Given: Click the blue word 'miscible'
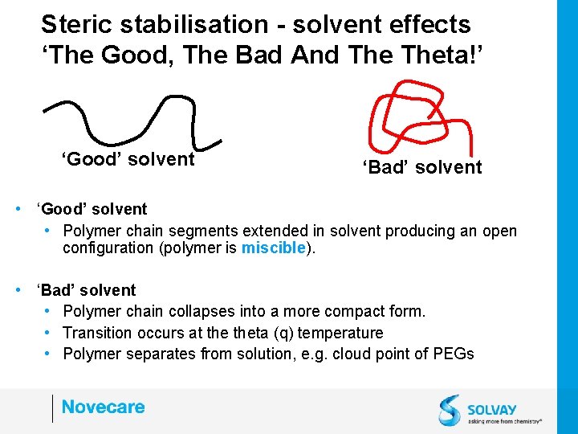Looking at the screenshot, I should pyautogui.click(x=273, y=248).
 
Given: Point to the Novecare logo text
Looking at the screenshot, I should pyautogui.click(x=103, y=407).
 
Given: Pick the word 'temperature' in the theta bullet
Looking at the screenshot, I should pyautogui.click(x=343, y=333).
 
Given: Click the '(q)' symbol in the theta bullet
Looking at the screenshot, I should pyautogui.click(x=283, y=333).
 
